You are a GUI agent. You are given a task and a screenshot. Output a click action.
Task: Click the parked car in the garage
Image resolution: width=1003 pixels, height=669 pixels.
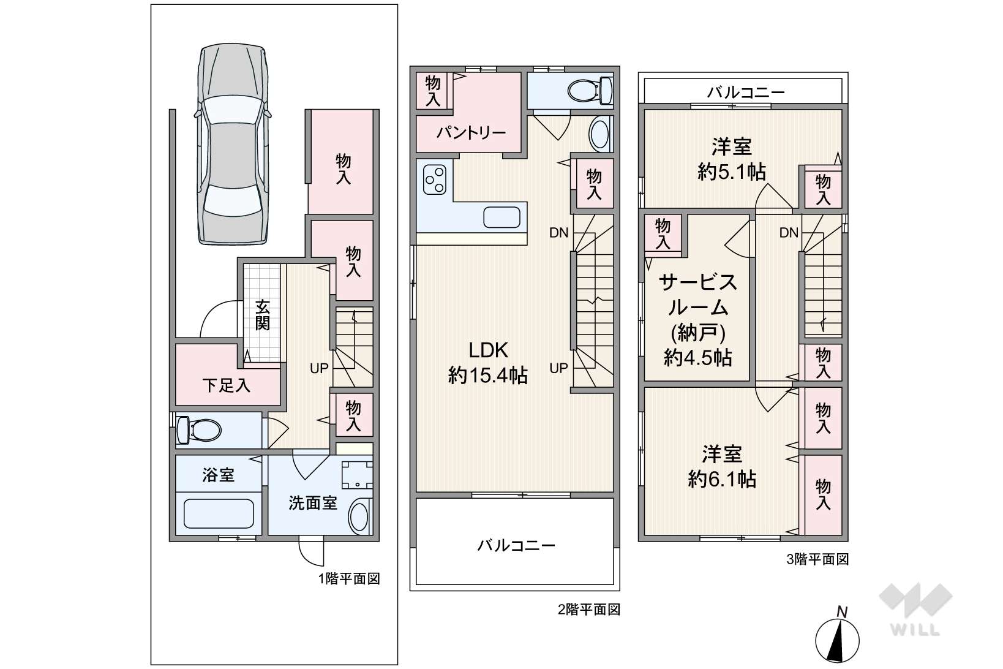point(233,144)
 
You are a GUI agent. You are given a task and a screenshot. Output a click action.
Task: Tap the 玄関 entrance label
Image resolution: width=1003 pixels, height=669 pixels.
point(263,315)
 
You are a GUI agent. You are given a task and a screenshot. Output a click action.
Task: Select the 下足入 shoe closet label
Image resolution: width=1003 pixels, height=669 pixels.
point(227,385)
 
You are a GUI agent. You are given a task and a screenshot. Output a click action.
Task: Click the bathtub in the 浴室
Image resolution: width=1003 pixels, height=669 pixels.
point(219,513)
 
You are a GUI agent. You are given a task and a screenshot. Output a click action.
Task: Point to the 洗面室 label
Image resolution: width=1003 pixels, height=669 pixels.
point(313,503)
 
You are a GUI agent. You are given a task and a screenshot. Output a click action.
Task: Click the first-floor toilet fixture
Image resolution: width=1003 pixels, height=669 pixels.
point(199,430)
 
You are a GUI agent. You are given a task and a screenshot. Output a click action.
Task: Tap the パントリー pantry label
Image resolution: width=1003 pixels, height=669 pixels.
point(471,132)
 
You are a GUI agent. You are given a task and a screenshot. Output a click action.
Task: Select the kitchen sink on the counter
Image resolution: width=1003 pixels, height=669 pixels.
point(502,217)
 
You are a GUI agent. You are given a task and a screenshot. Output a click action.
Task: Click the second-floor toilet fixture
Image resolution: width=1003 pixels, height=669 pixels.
point(590,91)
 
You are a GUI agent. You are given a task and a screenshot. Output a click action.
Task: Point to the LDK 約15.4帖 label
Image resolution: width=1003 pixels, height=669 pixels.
point(488,363)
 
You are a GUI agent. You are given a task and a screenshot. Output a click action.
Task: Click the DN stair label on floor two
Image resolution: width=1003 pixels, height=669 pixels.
point(559,233)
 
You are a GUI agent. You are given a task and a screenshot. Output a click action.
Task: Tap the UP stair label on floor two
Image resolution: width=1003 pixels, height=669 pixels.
point(559,368)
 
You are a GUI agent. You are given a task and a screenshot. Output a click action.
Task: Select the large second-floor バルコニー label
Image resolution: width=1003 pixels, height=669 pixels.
point(516,545)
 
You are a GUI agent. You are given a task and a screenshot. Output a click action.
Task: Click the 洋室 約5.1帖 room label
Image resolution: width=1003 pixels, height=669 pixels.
point(732,159)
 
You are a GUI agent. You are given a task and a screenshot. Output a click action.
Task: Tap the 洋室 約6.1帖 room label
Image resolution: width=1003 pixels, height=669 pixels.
point(723,466)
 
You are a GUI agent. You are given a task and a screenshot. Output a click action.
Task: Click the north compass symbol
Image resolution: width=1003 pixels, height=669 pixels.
point(837,635)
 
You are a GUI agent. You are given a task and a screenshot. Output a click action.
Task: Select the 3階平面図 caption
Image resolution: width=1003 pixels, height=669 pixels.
point(817,560)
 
